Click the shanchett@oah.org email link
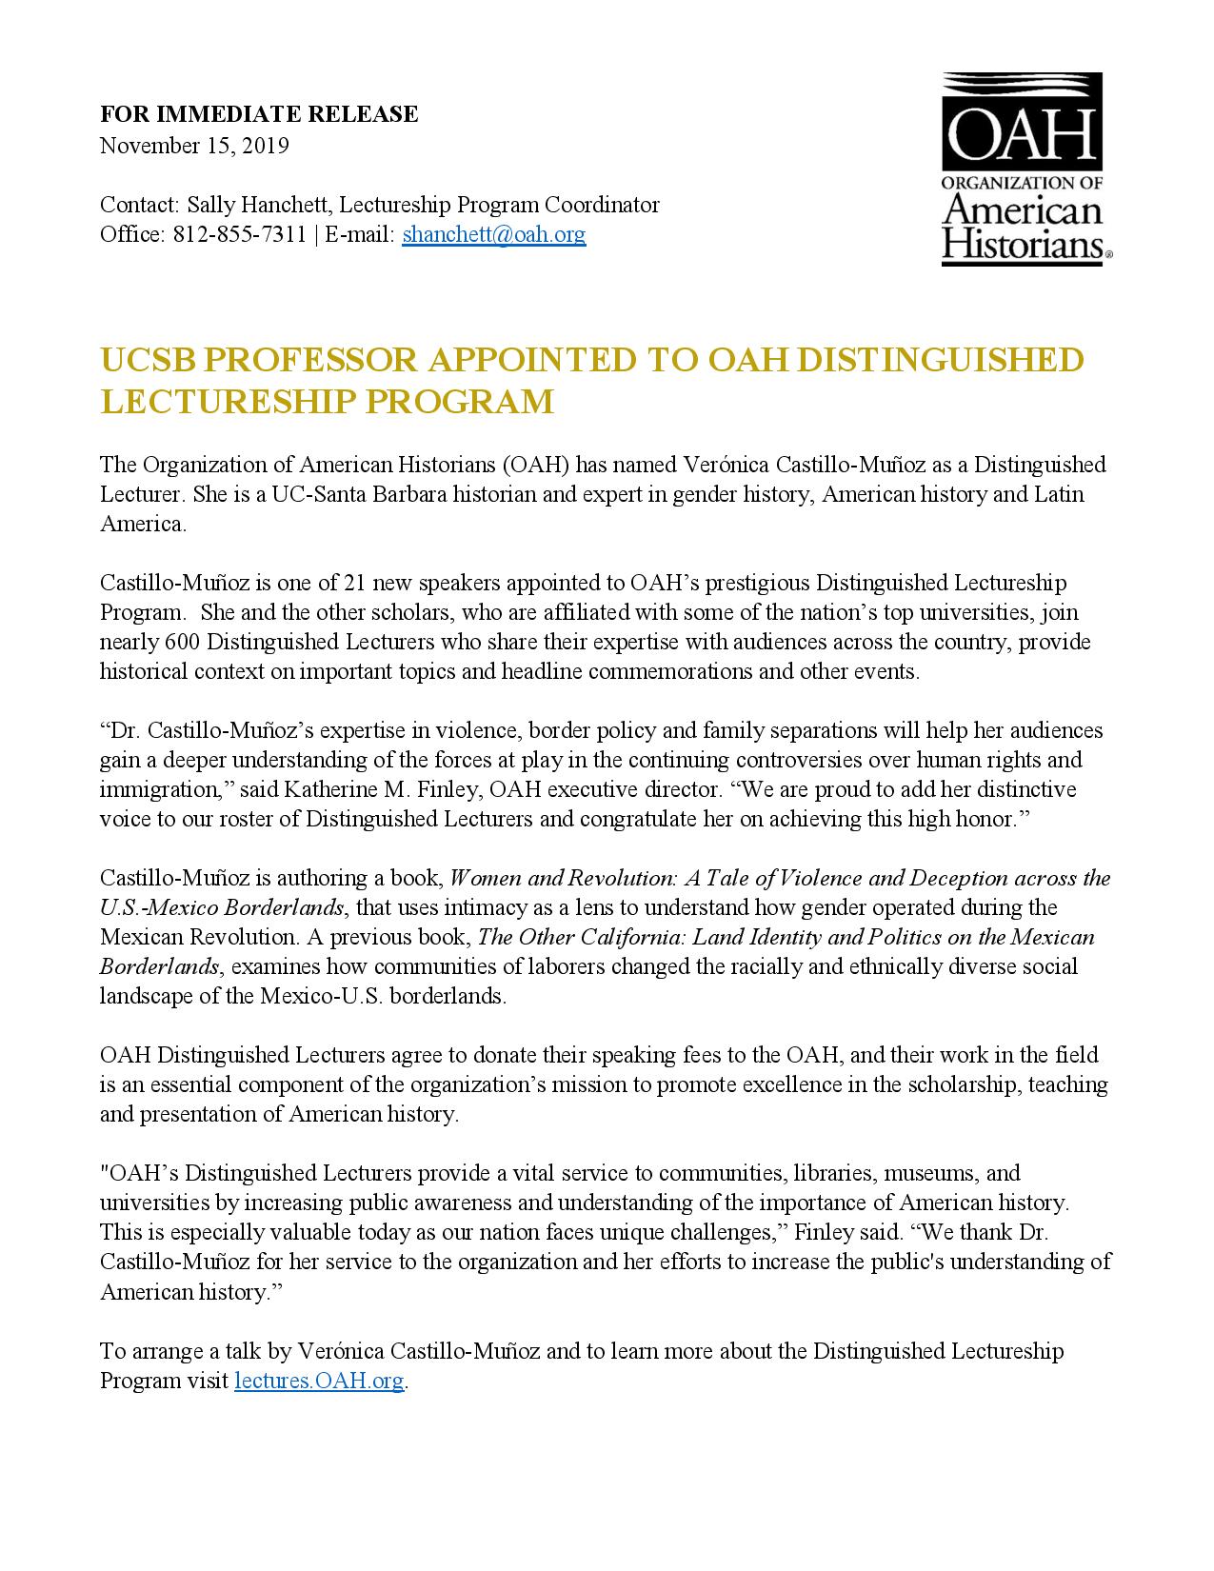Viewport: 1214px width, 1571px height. pyautogui.click(x=493, y=234)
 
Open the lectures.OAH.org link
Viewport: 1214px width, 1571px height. pyautogui.click(x=319, y=1381)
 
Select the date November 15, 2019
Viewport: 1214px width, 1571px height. pyautogui.click(x=194, y=146)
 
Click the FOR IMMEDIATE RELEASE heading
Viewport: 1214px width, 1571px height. pyautogui.click(x=259, y=114)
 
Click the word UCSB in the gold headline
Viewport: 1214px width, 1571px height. pyautogui.click(x=149, y=360)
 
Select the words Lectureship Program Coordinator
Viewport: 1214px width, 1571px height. pyautogui.click(x=499, y=205)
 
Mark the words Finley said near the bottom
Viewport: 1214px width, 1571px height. pyautogui.click(x=849, y=1232)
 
